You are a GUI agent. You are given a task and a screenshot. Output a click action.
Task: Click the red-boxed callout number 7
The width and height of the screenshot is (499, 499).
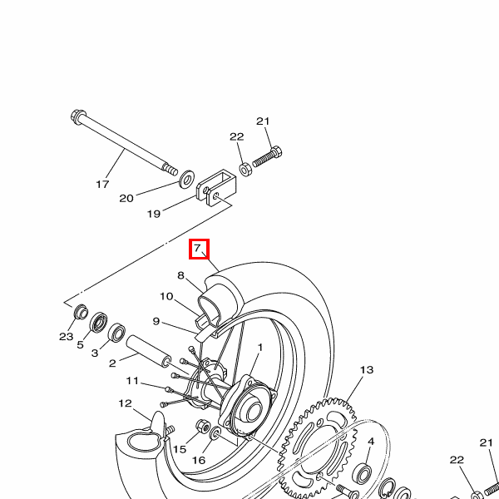tap(198, 248)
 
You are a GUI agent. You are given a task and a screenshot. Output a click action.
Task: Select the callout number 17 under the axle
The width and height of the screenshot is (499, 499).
tap(102, 184)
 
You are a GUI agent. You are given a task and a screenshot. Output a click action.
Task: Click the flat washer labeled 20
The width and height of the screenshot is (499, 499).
tap(187, 179)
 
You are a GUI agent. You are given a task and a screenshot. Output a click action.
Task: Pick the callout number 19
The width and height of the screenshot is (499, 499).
tap(153, 214)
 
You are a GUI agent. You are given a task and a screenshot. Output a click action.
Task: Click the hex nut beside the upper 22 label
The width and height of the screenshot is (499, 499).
tap(245, 170)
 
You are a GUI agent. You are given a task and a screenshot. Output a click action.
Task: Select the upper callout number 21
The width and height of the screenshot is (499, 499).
tap(263, 121)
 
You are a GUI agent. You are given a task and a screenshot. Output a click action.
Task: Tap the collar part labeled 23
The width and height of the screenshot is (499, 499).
tap(81, 312)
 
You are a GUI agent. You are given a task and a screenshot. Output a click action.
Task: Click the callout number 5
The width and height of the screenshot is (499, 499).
tap(80, 344)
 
